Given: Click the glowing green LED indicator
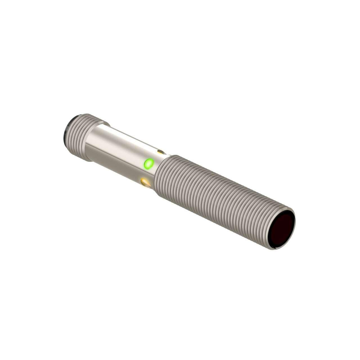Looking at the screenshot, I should [148, 163].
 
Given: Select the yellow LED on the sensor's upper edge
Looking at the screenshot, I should [161, 152].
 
